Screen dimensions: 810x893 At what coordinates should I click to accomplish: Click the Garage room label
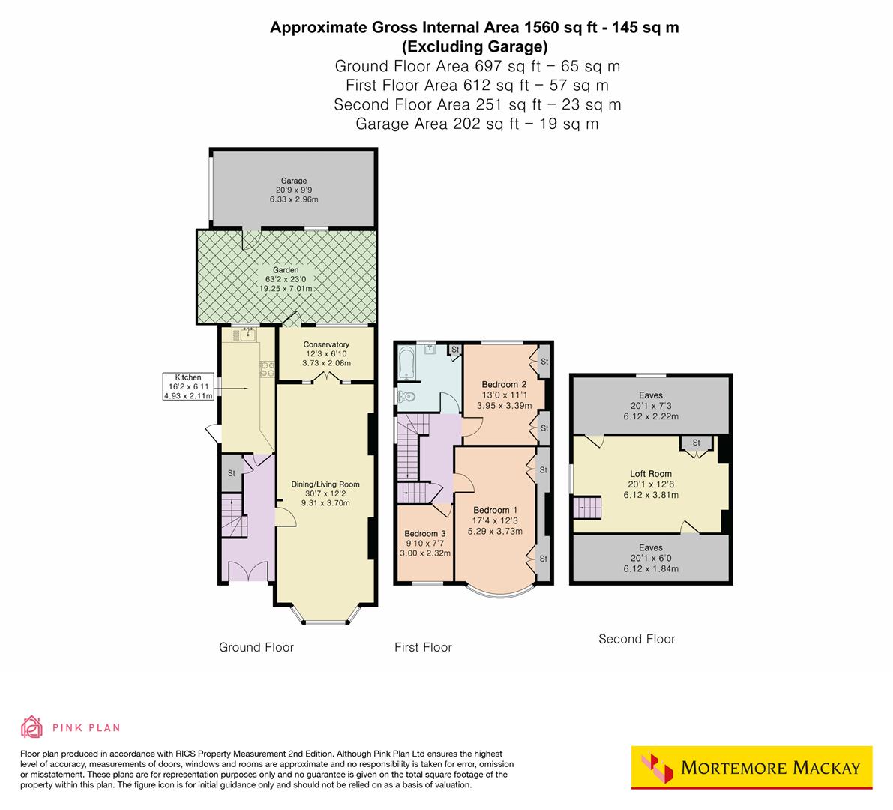[x=293, y=181]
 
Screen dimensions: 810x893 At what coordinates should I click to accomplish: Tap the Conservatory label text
[x=325, y=344]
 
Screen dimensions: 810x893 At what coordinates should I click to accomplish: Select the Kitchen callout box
[x=188, y=386]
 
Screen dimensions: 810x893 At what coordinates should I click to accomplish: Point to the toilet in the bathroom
[x=406, y=396]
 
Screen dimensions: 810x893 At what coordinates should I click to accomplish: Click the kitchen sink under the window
[x=244, y=335]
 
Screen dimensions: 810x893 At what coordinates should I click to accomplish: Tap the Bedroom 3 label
[x=423, y=533]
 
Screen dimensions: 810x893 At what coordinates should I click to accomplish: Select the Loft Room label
[x=650, y=474]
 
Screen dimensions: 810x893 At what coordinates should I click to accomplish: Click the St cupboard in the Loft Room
[x=696, y=443]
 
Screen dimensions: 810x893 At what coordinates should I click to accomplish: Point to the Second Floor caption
[x=636, y=639]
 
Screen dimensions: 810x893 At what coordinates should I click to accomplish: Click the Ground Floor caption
[x=256, y=647]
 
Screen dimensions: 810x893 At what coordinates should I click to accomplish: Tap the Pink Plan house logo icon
[x=32, y=727]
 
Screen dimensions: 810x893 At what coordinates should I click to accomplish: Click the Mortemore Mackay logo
[x=752, y=767]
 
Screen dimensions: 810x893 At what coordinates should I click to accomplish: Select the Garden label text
[x=285, y=270]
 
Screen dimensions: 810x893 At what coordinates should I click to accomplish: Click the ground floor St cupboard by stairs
[x=232, y=473]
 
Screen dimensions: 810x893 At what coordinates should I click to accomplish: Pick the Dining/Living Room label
[x=325, y=484]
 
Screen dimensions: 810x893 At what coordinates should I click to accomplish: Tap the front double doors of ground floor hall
[x=247, y=574]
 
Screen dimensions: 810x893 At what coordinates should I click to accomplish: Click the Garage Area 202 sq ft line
[x=477, y=124]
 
